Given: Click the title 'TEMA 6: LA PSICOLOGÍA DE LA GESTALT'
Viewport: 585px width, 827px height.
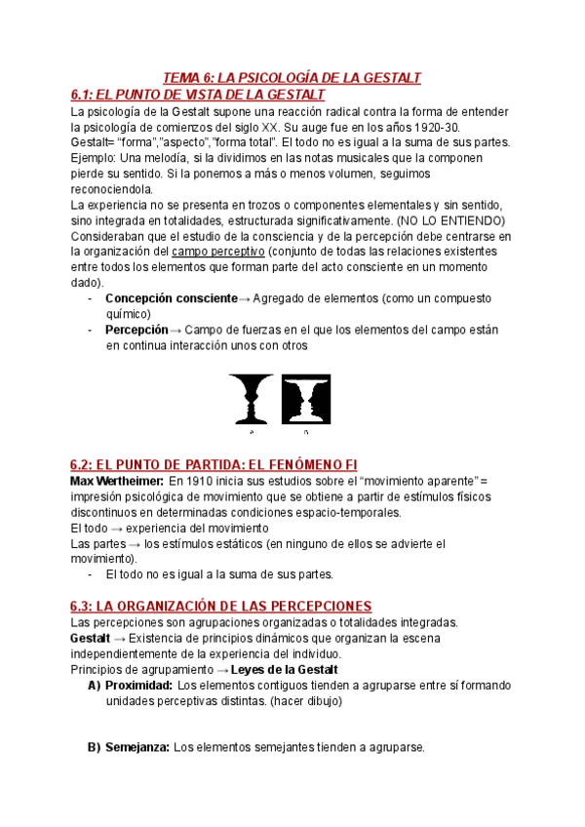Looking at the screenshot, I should (291, 78).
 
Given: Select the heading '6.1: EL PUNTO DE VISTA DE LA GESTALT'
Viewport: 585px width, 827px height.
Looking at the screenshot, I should (198, 95).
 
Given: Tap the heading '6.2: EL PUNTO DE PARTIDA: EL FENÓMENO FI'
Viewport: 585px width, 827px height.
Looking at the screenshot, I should (219, 464).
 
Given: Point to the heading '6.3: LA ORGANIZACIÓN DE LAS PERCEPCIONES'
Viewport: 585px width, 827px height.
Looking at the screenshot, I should (221, 606).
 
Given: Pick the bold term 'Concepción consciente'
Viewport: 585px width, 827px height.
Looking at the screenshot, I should (171, 298).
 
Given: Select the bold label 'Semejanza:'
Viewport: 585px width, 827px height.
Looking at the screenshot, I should (137, 748).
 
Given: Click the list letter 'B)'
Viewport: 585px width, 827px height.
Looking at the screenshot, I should (95, 748).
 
